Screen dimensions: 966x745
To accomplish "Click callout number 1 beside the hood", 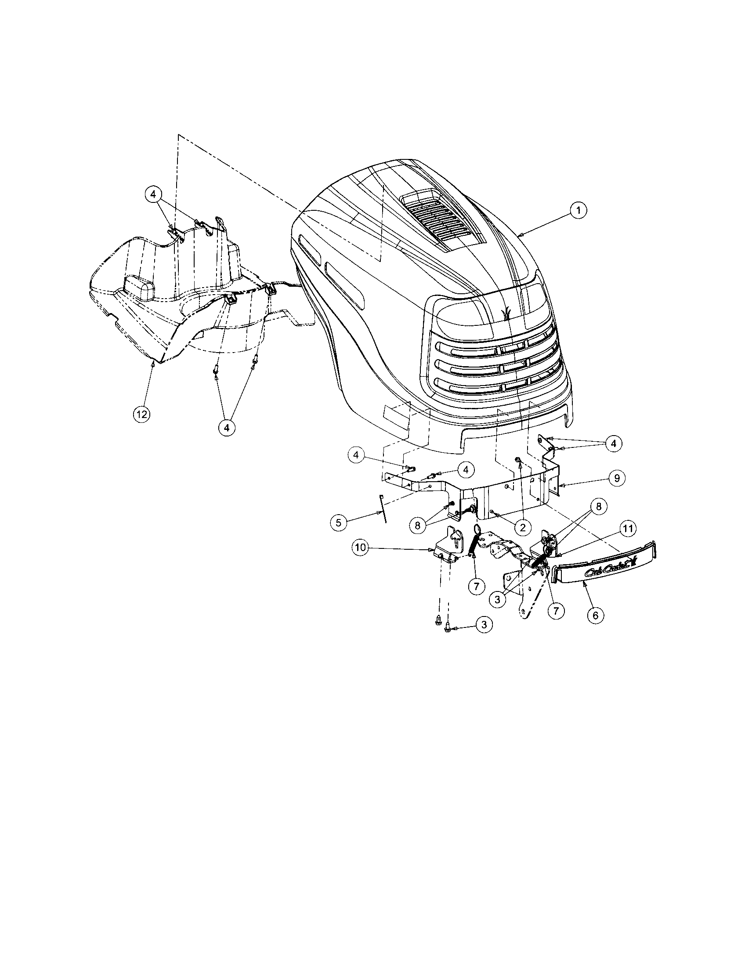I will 578,211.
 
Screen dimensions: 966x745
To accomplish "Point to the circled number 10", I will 361,548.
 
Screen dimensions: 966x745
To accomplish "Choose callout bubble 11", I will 628,528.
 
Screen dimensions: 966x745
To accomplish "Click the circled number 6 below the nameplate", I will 596,615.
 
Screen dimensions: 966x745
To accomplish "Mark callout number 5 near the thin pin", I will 338,523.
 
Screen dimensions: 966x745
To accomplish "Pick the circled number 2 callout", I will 522,527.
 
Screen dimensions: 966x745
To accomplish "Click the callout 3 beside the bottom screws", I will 484,624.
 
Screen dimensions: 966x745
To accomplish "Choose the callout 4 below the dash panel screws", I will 227,427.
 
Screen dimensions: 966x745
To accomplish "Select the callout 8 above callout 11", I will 599,507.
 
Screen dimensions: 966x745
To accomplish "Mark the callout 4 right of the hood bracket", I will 613,443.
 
